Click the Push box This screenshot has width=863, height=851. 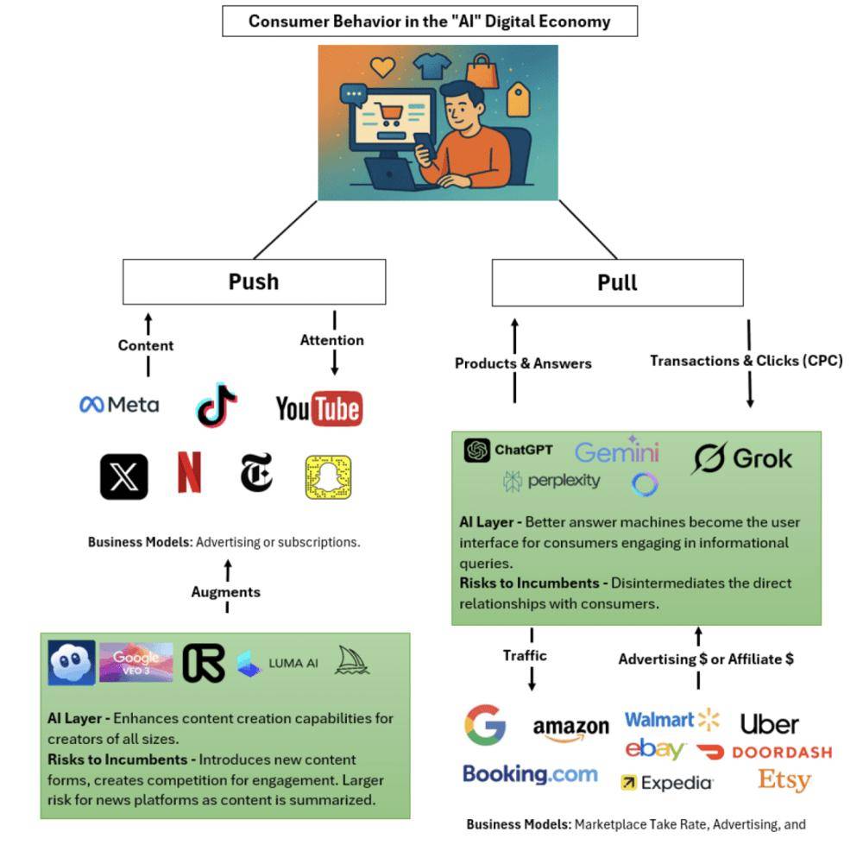(x=254, y=282)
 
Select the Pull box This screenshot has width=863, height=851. (x=617, y=283)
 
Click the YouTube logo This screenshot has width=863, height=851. (x=318, y=408)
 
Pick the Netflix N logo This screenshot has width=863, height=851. (x=189, y=473)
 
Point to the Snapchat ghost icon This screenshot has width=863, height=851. (x=328, y=476)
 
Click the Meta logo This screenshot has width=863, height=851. (x=119, y=404)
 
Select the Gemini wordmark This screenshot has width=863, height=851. (x=616, y=451)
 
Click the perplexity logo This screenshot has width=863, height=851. (x=551, y=481)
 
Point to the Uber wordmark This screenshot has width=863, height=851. (x=770, y=723)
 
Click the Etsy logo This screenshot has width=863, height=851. (x=784, y=780)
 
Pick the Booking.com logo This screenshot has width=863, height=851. (x=530, y=773)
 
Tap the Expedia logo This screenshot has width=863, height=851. (x=667, y=783)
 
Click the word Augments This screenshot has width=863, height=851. (x=226, y=592)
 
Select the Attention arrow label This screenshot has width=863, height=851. (x=332, y=340)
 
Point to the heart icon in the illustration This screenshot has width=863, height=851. (x=382, y=67)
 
